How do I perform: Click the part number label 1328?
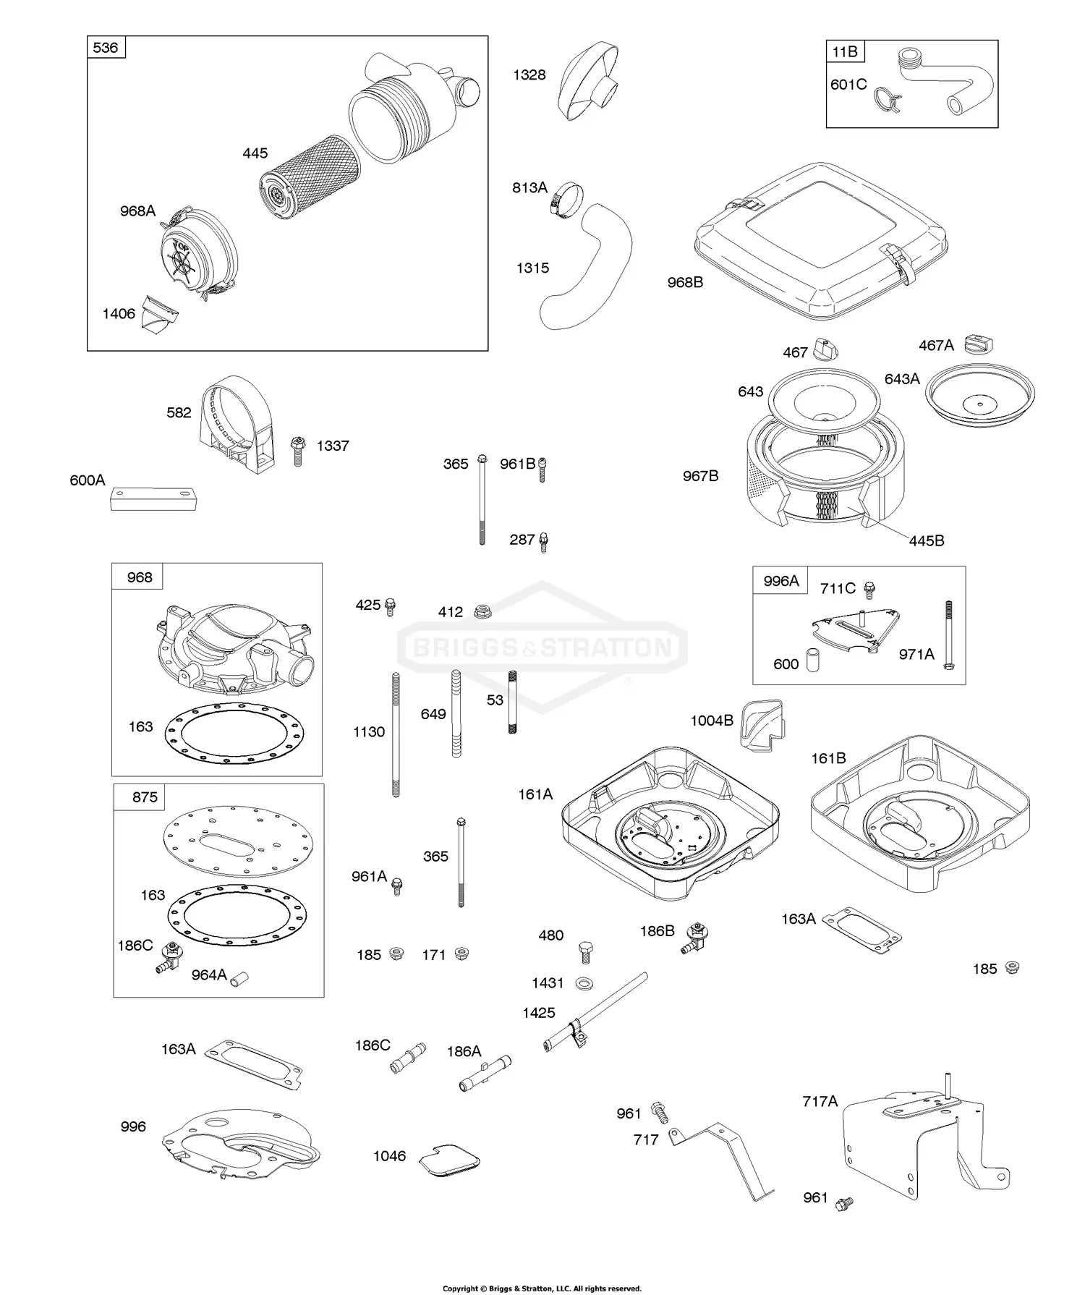pos(529,75)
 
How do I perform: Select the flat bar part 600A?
pos(153,499)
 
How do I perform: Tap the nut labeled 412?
pos(481,612)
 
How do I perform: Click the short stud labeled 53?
pos(512,702)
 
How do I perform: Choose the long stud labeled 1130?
pos(396,734)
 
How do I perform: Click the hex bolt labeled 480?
pos(585,952)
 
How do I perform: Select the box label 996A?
pos(780,580)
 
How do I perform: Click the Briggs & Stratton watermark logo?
pos(542,646)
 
